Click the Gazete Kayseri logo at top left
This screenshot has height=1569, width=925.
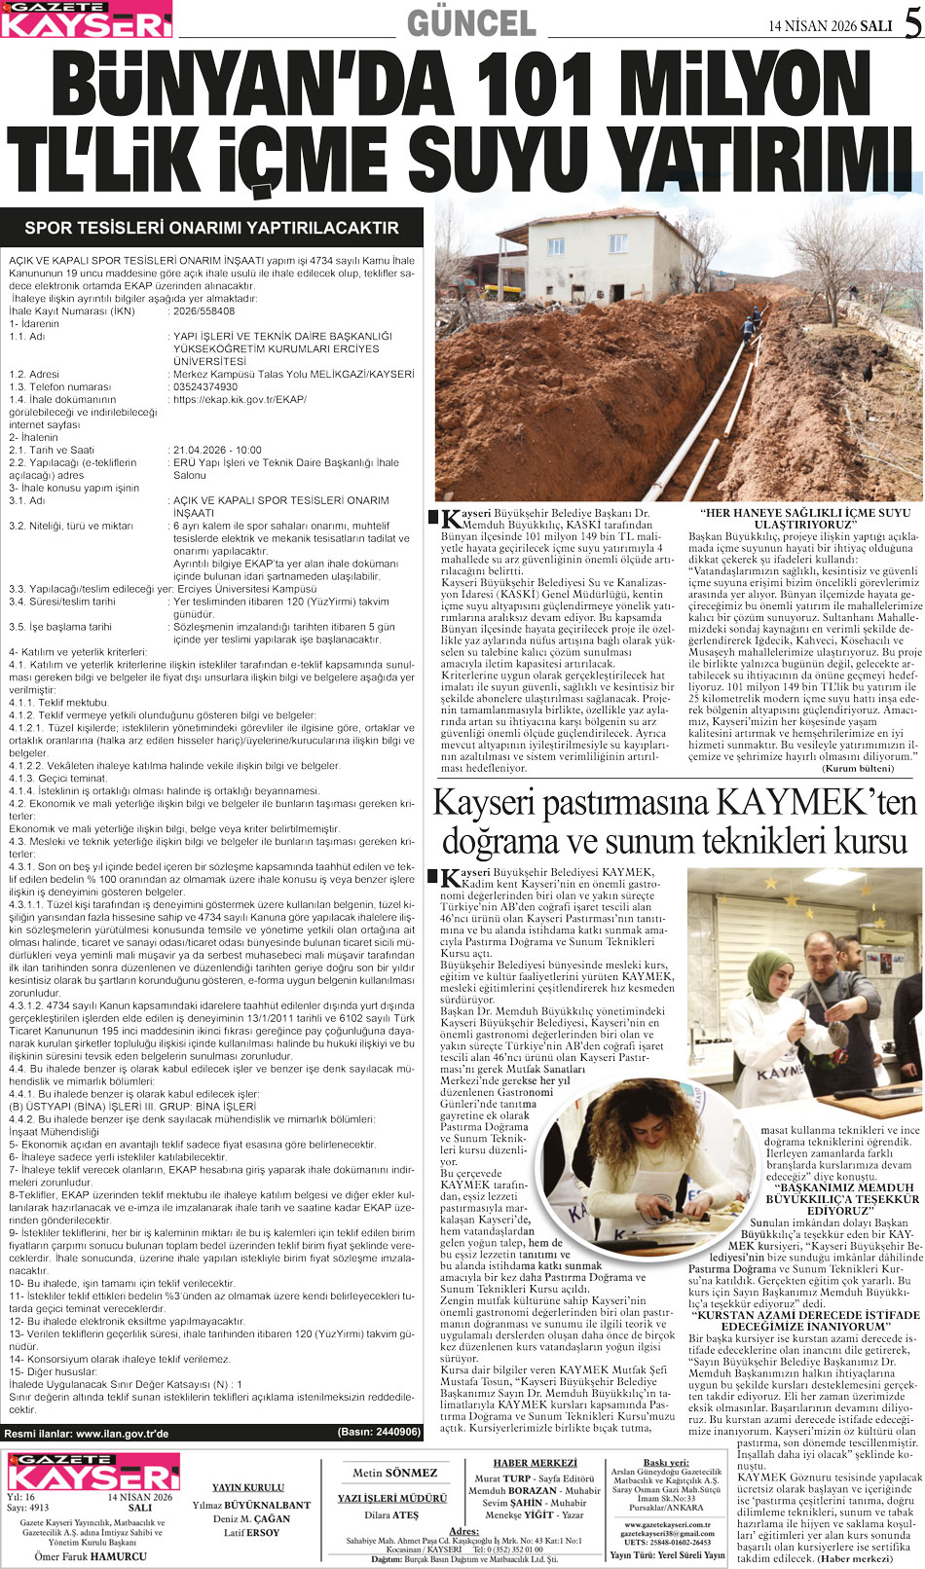point(87,19)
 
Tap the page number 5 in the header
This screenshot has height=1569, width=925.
point(911,24)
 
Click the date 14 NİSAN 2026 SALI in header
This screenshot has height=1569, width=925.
point(830,26)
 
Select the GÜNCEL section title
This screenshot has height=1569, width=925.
point(471,22)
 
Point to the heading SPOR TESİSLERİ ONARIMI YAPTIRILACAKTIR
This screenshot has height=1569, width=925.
point(211,228)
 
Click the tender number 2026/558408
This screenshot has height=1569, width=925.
point(203,311)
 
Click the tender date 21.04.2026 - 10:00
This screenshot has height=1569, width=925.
point(217,451)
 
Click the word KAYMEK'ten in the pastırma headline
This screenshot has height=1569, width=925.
point(817,804)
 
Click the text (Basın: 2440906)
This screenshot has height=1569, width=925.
point(379,1433)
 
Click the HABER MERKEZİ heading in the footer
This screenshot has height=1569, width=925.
point(535,1464)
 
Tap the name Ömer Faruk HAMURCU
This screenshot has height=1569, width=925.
point(91,1556)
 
